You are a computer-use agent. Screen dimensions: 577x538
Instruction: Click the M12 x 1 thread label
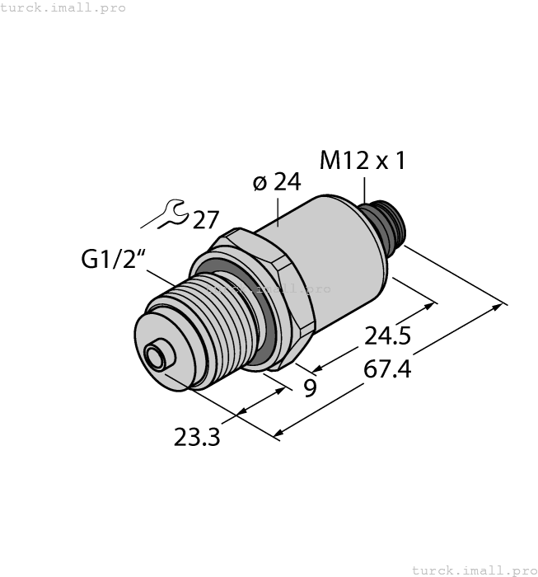point(363,161)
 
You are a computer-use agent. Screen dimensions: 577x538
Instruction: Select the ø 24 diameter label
point(276,182)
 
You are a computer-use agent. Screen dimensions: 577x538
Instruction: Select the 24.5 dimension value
point(388,336)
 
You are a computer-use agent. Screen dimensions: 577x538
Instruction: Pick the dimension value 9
point(310,387)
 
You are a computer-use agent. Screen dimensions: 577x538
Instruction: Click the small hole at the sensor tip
point(154,357)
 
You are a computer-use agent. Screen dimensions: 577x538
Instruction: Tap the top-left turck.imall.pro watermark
point(63,7)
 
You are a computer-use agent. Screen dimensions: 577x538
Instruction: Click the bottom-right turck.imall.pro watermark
point(473,570)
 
